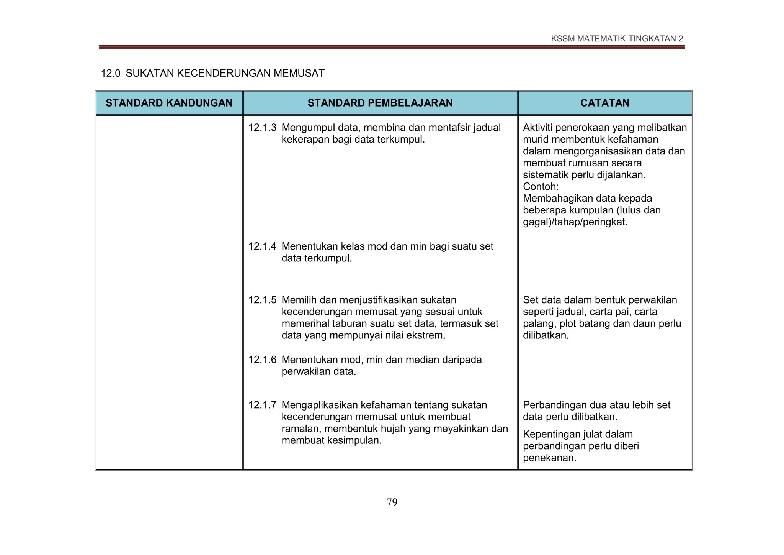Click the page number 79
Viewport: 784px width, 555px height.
point(392,502)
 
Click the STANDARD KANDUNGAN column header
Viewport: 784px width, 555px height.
point(169,103)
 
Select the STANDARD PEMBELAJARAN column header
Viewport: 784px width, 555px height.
point(380,103)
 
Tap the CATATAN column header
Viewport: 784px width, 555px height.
point(605,103)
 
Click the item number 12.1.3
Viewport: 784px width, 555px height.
point(262,128)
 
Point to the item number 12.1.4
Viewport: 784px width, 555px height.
point(262,246)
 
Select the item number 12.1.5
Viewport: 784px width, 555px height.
point(262,300)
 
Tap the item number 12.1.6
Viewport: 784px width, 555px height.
point(262,360)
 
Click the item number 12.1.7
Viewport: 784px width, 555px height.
point(262,405)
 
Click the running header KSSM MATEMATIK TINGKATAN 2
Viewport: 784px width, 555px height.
point(617,39)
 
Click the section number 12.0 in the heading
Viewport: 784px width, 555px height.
point(110,73)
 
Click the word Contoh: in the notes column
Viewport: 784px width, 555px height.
point(541,187)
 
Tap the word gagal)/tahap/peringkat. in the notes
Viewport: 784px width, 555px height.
point(575,222)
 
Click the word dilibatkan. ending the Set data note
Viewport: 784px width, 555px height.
point(546,335)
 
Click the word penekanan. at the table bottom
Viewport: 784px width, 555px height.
point(549,458)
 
